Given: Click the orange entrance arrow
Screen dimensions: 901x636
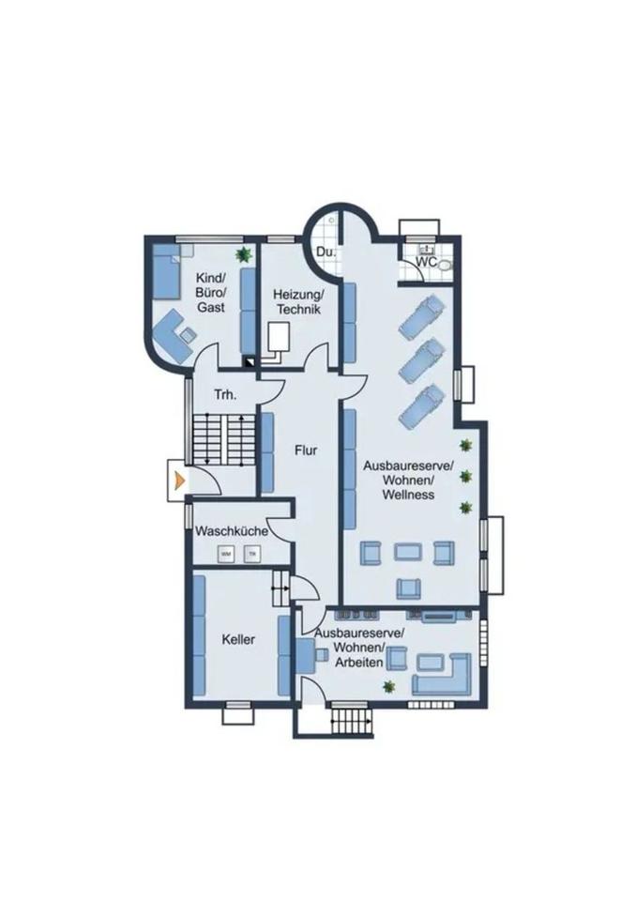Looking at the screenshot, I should pos(177,480).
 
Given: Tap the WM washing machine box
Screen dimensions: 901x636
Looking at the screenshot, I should pos(226,554).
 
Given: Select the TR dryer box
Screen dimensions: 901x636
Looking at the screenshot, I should pos(251,554).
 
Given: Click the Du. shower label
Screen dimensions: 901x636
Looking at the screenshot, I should pos(326,253).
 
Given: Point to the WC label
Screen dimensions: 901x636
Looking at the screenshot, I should pos(427,262).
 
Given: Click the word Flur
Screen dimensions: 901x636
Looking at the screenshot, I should pos(306,450).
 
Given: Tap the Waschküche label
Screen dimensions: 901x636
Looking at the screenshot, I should pos(232,531).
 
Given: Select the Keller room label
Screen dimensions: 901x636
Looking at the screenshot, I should pos(238,640).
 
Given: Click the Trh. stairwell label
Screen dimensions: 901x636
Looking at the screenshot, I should pos(225,395).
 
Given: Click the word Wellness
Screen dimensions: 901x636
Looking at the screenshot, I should pos(408,494).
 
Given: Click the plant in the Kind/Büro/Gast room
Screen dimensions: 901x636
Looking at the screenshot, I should pos(244,253).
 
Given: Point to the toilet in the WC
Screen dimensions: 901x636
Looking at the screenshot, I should pos(445,266).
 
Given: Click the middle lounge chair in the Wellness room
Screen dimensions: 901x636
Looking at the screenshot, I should pos(421,359).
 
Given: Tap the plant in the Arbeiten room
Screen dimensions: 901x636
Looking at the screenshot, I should pos(388,687).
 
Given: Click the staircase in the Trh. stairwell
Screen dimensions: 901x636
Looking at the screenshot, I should pos(224,439).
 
